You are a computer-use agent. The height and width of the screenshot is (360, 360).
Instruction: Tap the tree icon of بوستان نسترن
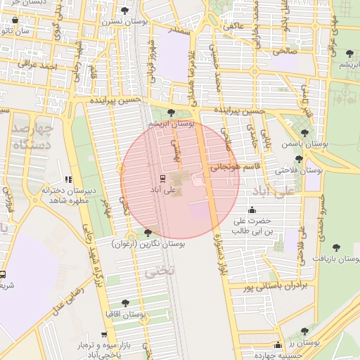point(125,11)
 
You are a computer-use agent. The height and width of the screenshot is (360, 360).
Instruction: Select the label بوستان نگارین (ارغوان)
point(148,243)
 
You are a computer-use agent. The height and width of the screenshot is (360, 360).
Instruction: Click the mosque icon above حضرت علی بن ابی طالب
point(252,210)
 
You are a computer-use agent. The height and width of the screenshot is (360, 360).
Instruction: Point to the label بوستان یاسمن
point(302,143)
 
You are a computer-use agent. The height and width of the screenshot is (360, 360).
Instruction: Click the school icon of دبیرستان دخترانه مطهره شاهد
point(68,180)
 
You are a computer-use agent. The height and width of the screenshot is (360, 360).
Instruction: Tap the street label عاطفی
point(233,26)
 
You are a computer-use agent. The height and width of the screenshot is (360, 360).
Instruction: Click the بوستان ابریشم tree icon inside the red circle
point(171,112)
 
